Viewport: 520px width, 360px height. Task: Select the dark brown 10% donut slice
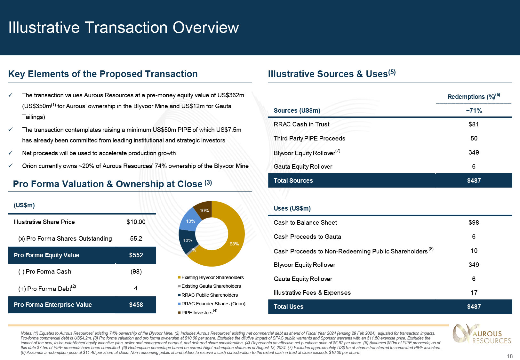(204, 210)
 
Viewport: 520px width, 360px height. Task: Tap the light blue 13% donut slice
(191, 221)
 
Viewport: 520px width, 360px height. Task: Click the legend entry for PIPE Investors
(197, 312)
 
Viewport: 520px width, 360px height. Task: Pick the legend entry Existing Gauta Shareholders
(211, 286)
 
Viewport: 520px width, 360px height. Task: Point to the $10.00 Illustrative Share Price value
(136, 222)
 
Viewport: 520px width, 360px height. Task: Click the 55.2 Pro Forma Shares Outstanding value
(136, 238)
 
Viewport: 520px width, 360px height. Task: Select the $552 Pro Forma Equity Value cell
(136, 255)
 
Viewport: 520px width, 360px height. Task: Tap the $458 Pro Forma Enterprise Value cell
(136, 305)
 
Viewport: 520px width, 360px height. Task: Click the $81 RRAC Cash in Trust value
(474, 124)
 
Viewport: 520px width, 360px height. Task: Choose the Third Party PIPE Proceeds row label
(309, 138)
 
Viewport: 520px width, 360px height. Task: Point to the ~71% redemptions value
(474, 110)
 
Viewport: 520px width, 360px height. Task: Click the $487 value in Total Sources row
(474, 180)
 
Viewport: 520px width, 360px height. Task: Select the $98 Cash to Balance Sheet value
(474, 222)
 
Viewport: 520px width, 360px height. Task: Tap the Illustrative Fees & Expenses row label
(312, 292)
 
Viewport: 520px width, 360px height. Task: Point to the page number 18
(510, 356)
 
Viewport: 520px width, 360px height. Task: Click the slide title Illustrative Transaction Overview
(124, 28)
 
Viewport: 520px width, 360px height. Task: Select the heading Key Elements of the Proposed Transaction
(103, 74)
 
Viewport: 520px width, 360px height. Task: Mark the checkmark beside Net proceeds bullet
(11, 153)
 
